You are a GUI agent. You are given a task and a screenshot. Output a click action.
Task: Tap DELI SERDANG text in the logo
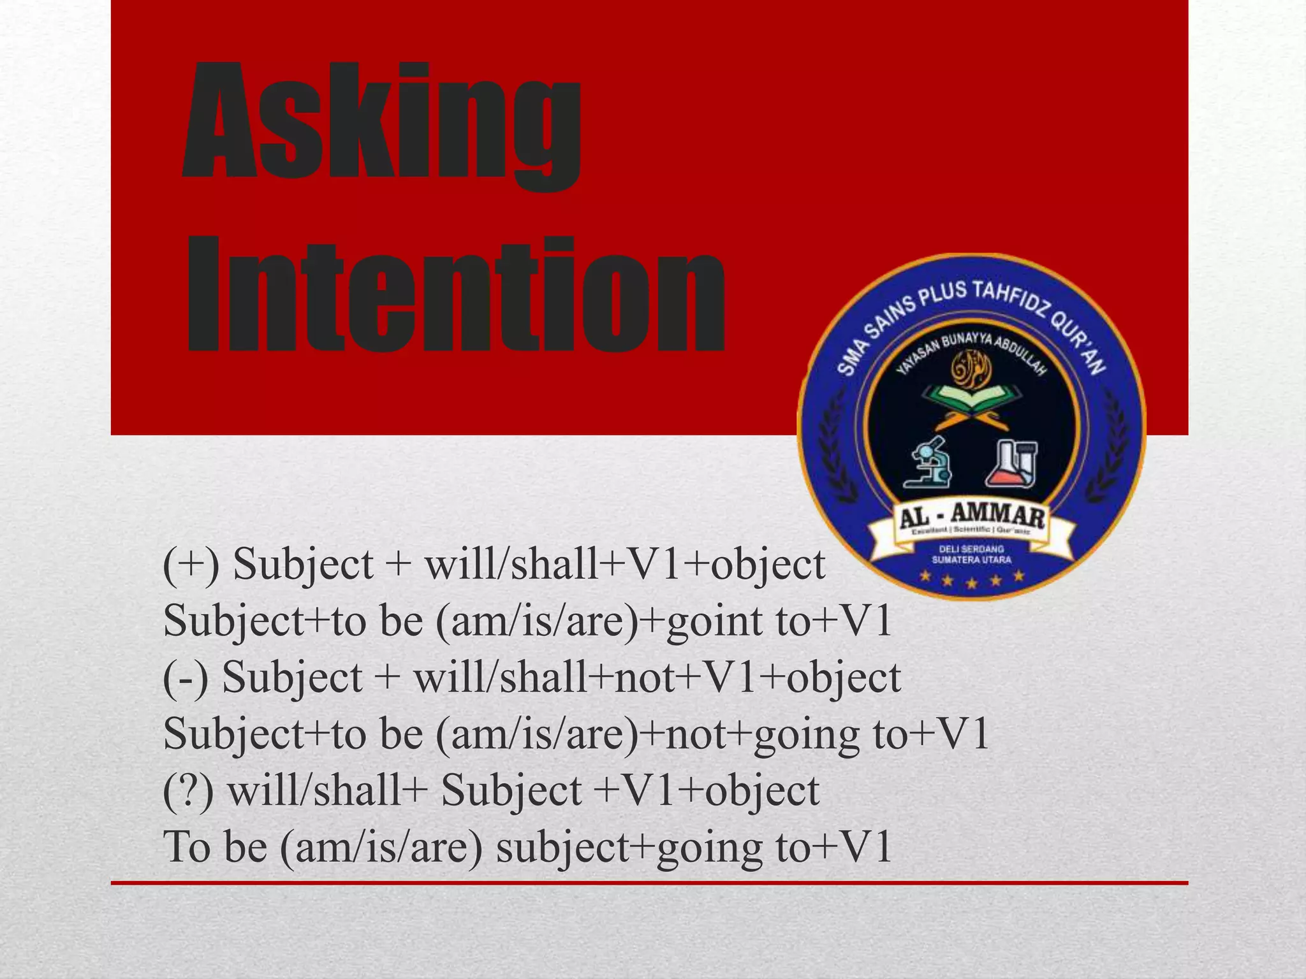(971, 549)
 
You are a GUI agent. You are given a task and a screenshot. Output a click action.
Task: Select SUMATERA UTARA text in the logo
(971, 560)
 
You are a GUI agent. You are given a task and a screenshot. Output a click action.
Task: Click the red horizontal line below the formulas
(649, 883)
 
